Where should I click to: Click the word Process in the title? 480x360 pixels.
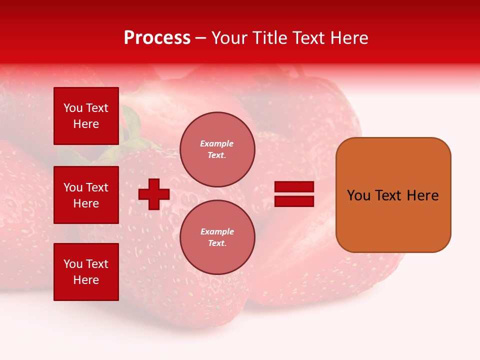pyautogui.click(x=157, y=38)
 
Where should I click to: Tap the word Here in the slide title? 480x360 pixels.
pyautogui.click(x=347, y=38)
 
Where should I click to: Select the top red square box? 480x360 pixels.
pyautogui.click(x=86, y=115)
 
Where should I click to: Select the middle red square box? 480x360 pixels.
pyautogui.click(x=86, y=195)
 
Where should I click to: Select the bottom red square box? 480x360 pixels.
pyautogui.click(x=86, y=271)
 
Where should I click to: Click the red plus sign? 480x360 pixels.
pyautogui.click(x=154, y=194)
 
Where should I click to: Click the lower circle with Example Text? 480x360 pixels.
pyautogui.click(x=217, y=237)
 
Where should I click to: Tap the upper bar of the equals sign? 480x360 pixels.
pyautogui.click(x=294, y=186)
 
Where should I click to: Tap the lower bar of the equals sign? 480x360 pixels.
pyautogui.click(x=294, y=201)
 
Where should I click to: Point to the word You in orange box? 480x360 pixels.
pyautogui.click(x=358, y=195)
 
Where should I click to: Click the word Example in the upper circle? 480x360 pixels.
pyautogui.click(x=216, y=143)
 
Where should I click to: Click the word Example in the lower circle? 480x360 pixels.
pyautogui.click(x=216, y=231)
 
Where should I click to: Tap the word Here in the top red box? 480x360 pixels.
pyautogui.click(x=86, y=124)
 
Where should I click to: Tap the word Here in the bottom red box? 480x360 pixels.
pyautogui.click(x=86, y=280)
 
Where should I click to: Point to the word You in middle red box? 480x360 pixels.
pyautogui.click(x=73, y=187)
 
